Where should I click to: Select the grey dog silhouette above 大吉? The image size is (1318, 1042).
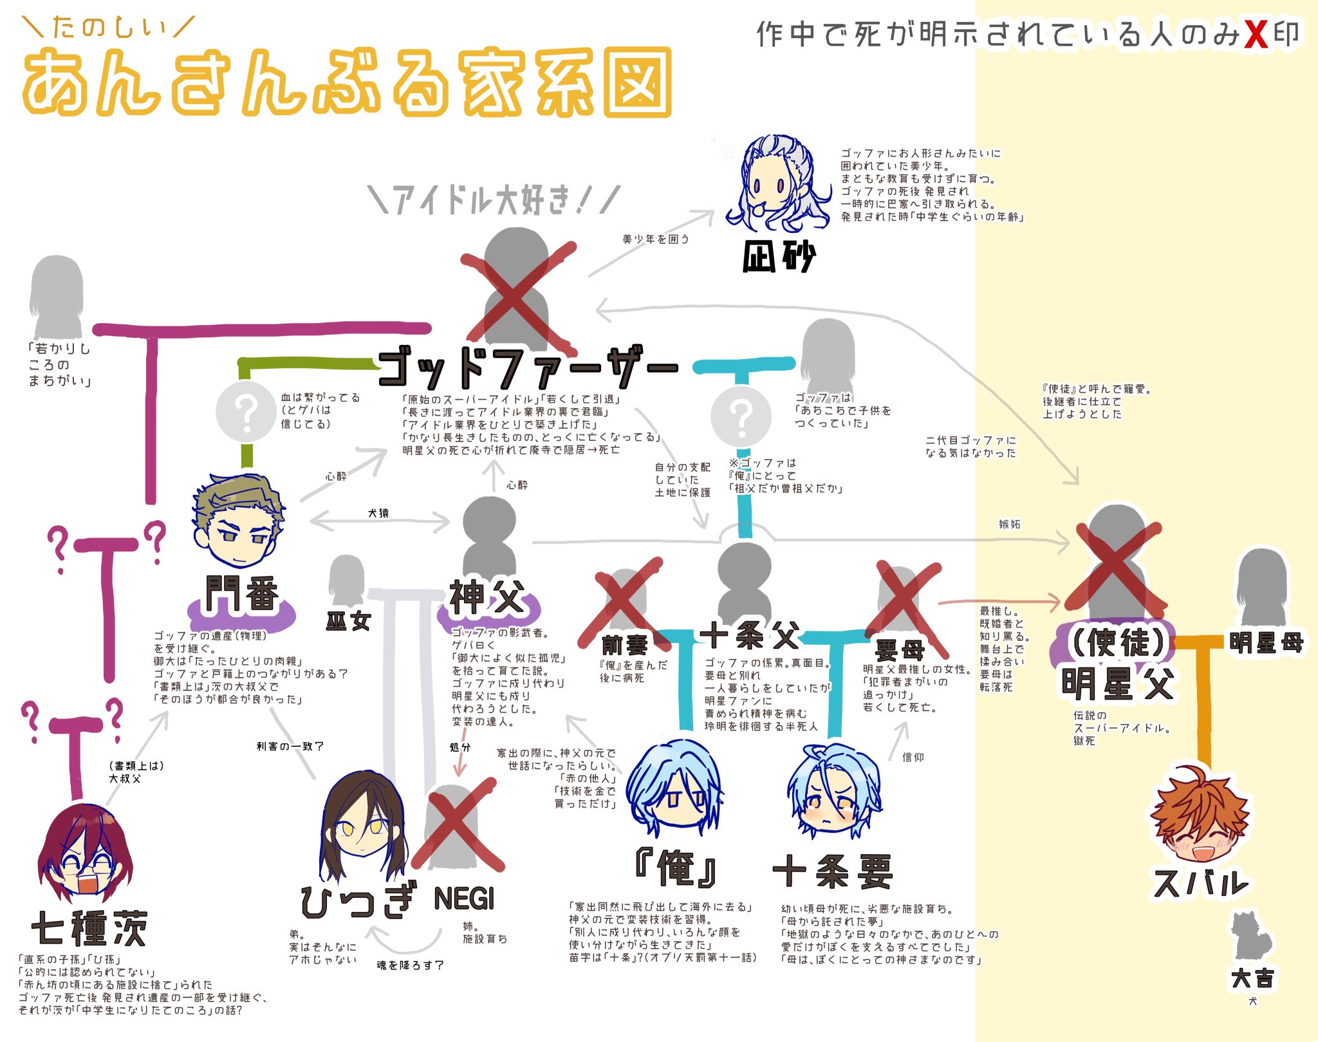1250,937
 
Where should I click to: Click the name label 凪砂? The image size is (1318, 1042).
779,257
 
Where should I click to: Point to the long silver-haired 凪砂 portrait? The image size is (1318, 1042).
776,181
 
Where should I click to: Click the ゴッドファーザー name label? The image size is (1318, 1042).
528,367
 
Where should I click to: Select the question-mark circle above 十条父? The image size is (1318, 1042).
741,415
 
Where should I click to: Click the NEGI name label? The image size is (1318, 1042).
464,898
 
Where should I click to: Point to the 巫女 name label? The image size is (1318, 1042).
348,621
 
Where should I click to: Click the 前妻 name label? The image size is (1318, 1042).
625,644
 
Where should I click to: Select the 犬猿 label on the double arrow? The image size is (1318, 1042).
378,513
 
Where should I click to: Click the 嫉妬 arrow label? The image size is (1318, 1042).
1009,525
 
